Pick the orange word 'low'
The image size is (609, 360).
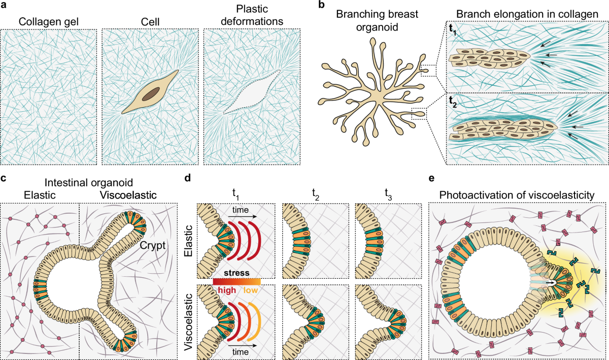pos(251,290)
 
